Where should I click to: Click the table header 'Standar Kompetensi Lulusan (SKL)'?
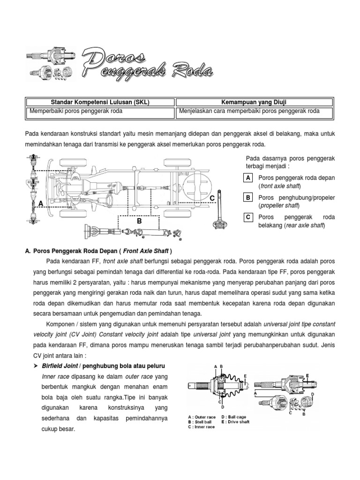pyautogui.click(x=99, y=102)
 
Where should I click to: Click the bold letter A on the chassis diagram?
pyautogui.click(x=41, y=204)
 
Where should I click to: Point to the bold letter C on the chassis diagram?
pyautogui.click(x=212, y=199)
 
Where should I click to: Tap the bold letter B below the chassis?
pyautogui.click(x=139, y=220)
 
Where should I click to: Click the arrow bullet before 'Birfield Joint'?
pyautogui.click(x=37, y=365)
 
